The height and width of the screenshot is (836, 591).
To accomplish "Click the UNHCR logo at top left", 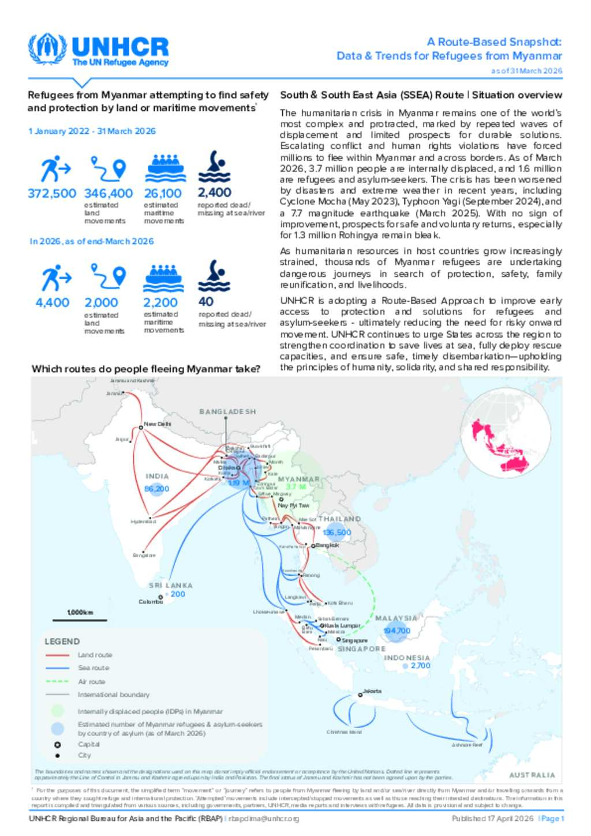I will click(98, 50).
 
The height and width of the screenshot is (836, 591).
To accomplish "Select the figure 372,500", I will click(52, 193).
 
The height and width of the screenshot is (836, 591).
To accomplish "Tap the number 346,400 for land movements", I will click(108, 193).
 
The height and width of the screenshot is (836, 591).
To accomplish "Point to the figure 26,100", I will click(163, 193).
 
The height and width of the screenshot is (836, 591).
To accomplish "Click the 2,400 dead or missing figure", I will click(215, 192).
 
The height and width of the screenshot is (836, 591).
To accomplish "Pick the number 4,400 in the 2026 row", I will click(52, 302).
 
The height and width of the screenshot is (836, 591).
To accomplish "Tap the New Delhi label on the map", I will click(157, 424).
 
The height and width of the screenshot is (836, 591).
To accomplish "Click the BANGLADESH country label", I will click(227, 412).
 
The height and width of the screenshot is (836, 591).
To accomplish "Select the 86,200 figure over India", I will click(157, 489).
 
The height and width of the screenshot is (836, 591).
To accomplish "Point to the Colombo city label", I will click(151, 602).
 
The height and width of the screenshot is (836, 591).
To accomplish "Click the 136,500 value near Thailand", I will click(337, 533).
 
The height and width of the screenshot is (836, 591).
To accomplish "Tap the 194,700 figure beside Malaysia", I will click(397, 631).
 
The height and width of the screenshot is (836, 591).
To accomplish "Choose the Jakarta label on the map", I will click(372, 691).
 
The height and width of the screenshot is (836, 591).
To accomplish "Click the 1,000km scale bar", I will click(80, 620).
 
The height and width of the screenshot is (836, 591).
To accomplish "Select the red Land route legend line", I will click(57, 655).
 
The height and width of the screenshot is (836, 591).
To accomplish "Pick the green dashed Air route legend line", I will click(57, 681).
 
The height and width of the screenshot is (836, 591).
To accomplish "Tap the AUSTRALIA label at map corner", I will click(532, 775).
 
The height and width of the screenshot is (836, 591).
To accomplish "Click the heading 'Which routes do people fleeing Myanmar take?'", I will click(146, 369).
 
